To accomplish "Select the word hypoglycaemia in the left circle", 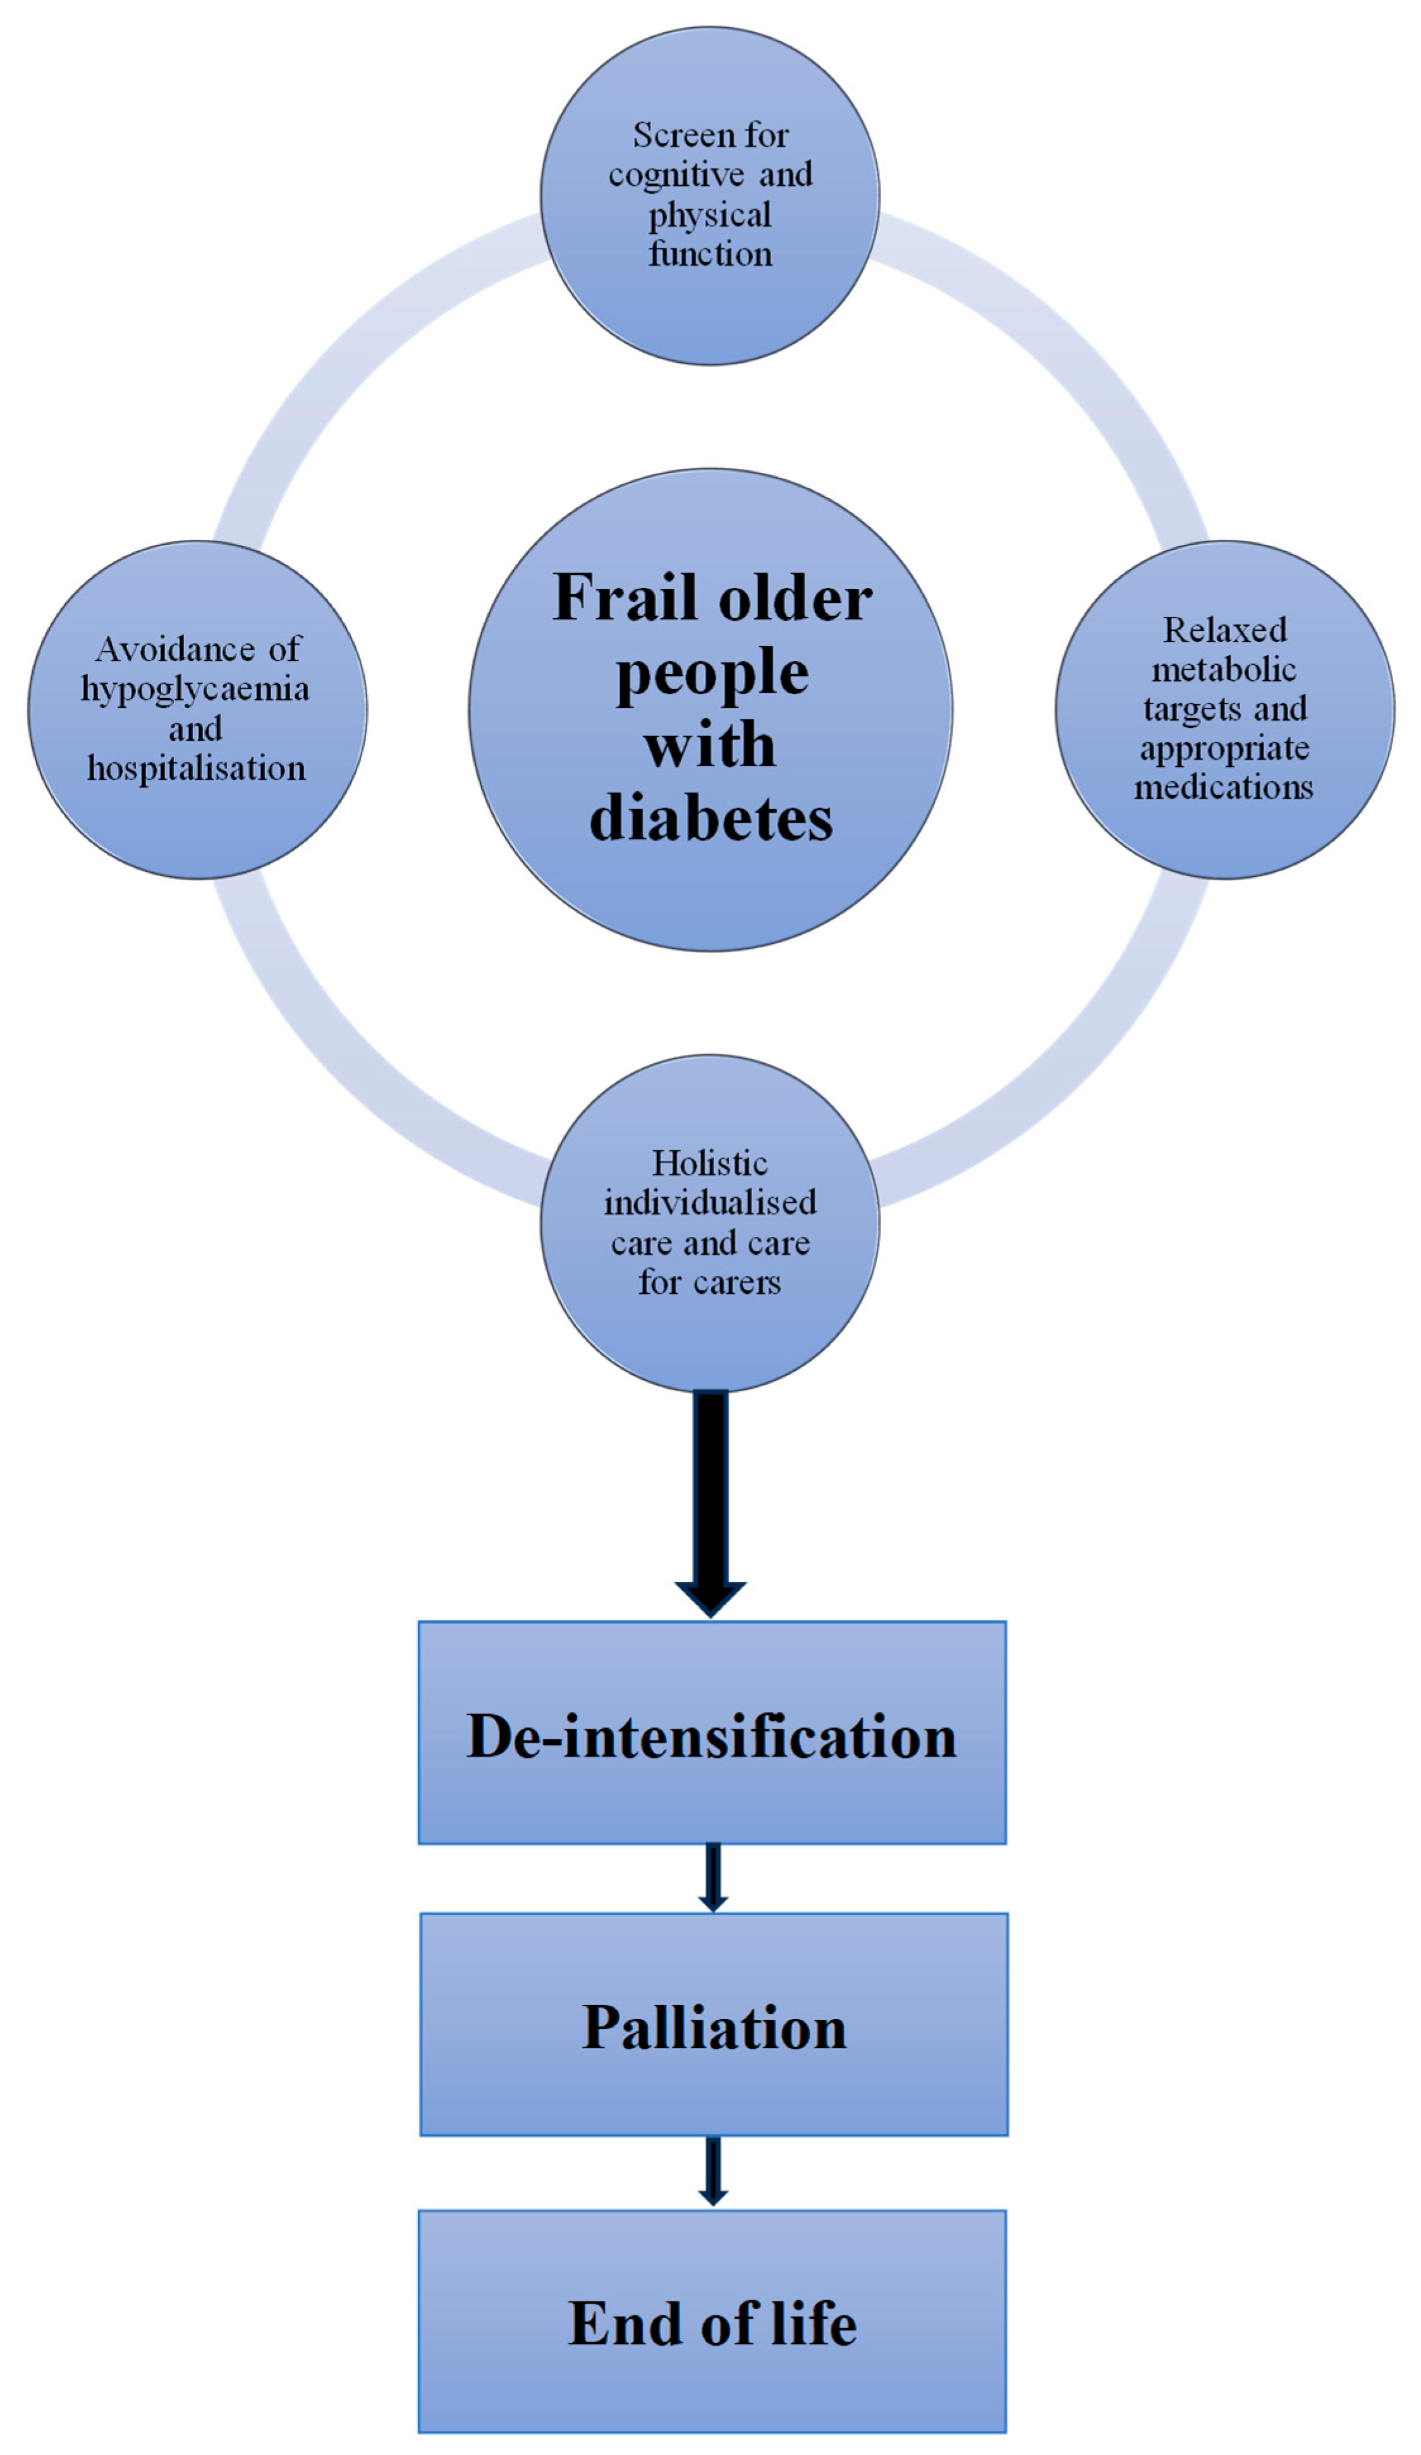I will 195,690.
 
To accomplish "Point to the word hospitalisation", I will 197,769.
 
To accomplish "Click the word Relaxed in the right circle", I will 1224,630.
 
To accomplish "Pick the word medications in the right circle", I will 1223,786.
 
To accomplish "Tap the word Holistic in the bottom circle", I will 709,1163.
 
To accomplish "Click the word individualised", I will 710,1202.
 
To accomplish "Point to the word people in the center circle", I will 712,672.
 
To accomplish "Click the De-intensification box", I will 712,1734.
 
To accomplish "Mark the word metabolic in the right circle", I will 1224,669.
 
